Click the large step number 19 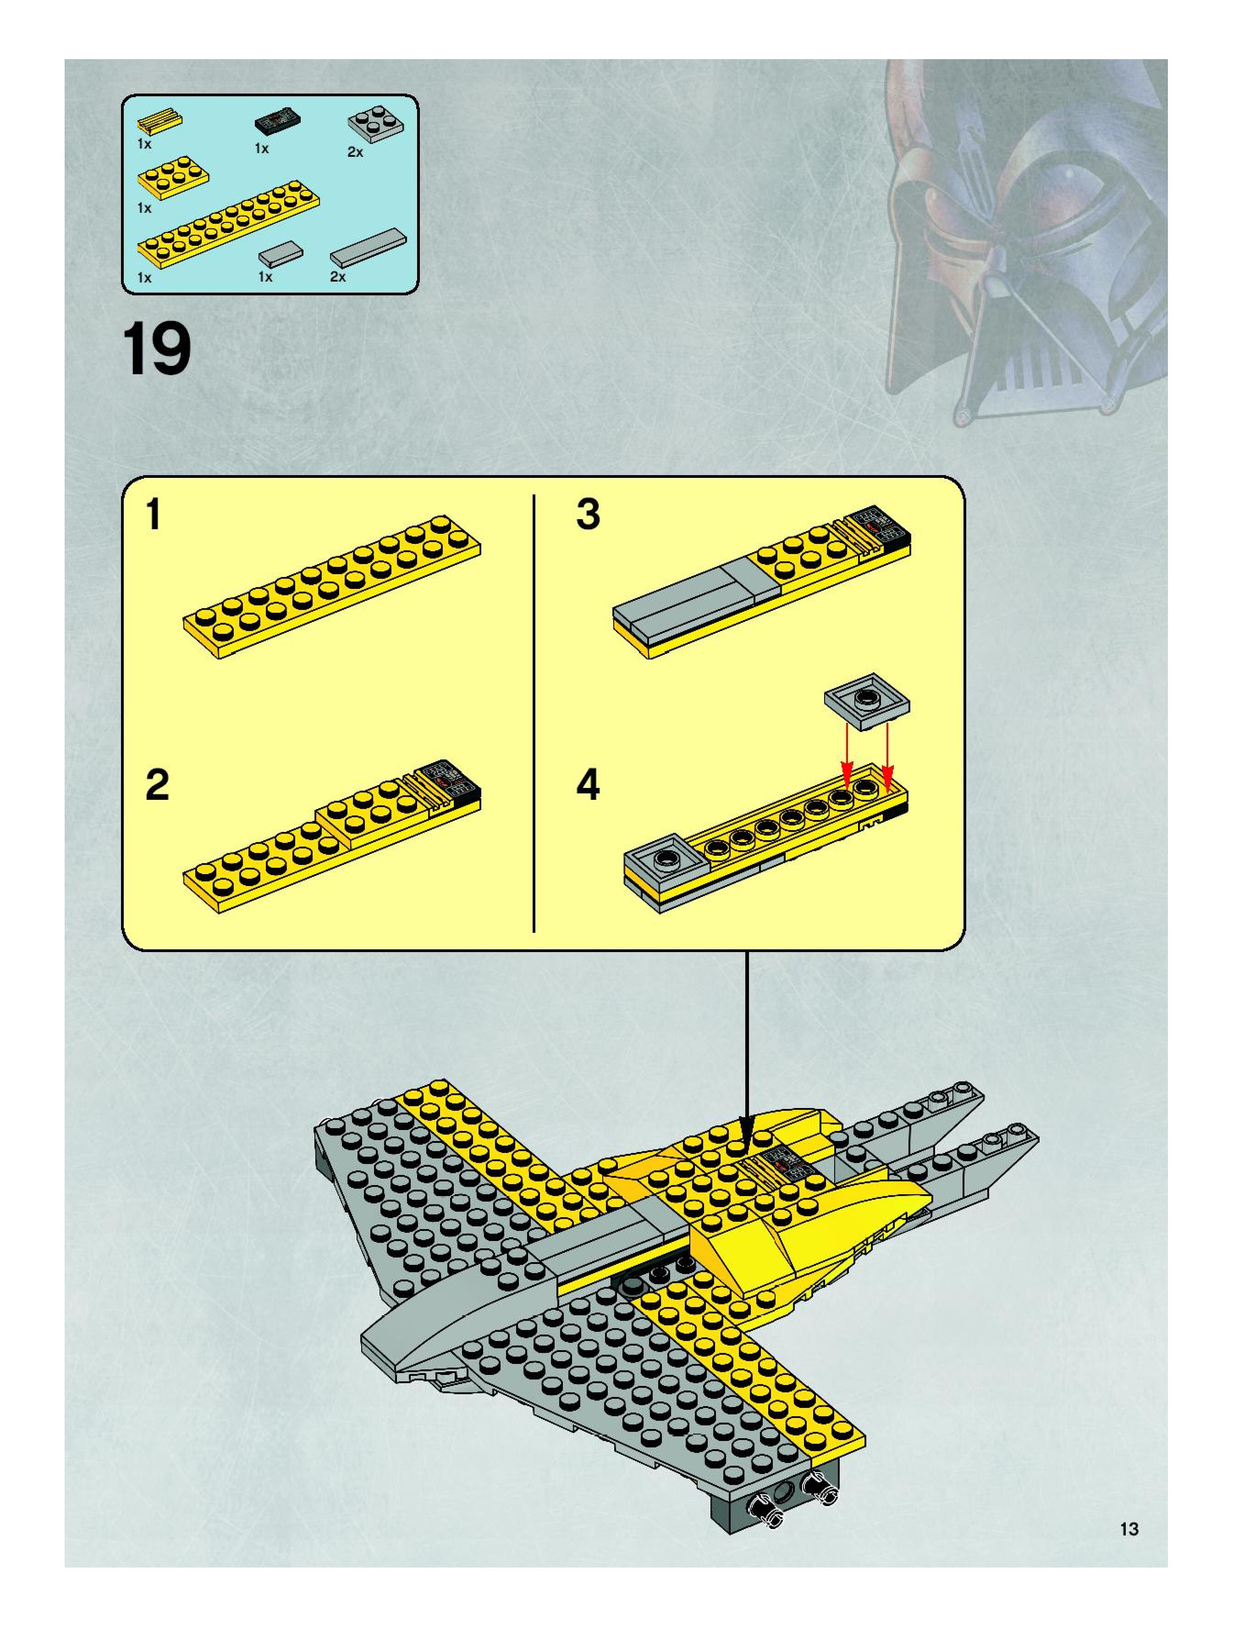[156, 349]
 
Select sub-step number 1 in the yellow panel [153, 514]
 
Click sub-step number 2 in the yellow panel [158, 785]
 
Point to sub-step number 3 [588, 514]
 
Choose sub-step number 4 [588, 785]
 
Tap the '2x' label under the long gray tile [338, 277]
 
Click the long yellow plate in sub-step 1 [332, 587]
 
